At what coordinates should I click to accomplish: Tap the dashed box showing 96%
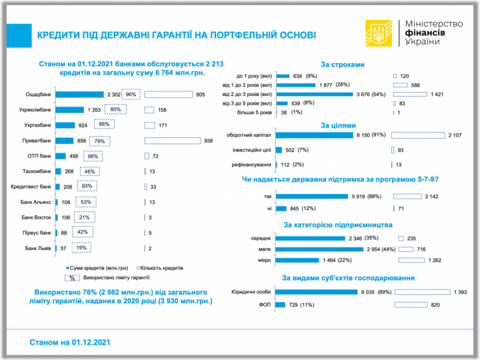tap(131, 95)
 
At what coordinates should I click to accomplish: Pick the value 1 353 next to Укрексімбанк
tap(94, 110)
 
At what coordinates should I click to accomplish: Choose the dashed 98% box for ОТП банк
tap(91, 156)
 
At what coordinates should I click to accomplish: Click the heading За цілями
tap(337, 125)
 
